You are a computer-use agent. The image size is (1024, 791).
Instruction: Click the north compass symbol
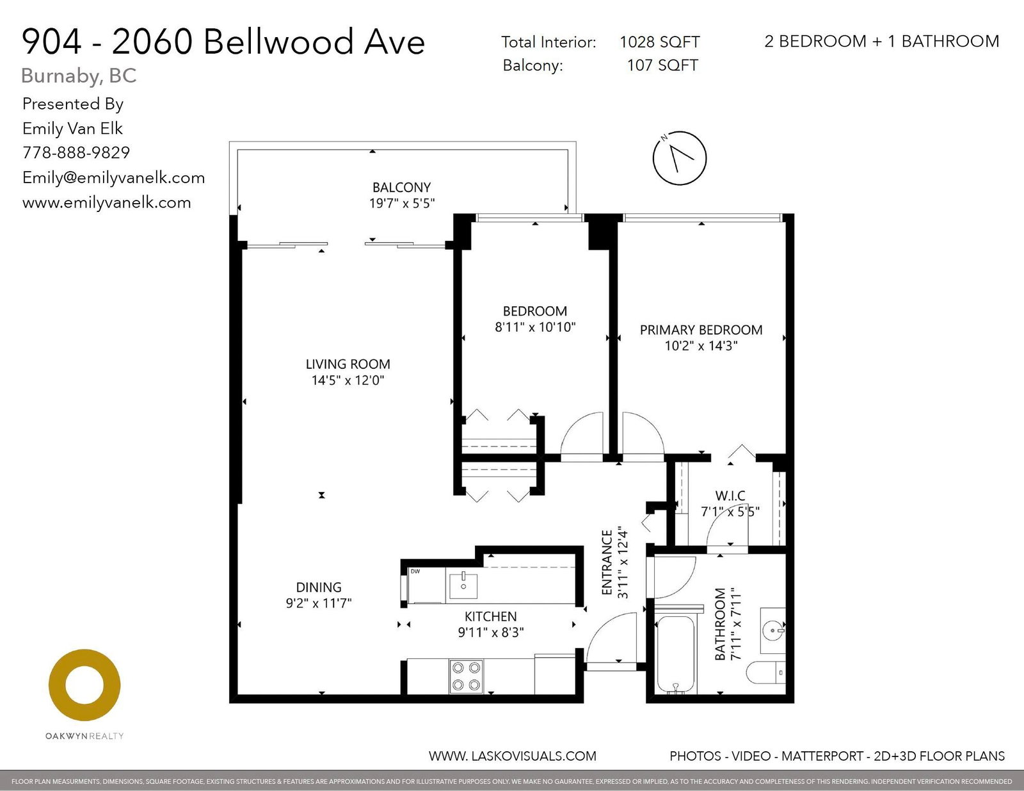pos(680,158)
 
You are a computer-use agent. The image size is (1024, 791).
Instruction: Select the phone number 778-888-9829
pos(76,152)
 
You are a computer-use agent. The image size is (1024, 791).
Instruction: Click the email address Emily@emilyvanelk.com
pos(113,177)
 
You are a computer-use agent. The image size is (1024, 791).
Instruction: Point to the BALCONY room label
pos(401,188)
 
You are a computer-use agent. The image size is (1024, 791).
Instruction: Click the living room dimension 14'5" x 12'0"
pos(348,380)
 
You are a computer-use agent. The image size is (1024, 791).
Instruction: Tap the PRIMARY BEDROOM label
pos(701,330)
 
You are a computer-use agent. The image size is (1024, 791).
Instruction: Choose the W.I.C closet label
pos(730,496)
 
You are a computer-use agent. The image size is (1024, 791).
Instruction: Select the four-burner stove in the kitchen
pos(466,676)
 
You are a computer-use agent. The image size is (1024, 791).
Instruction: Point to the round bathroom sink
pos(772,630)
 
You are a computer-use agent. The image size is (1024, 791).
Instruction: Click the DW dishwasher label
pos(415,571)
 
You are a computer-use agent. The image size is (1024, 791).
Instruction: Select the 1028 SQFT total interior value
pos(660,42)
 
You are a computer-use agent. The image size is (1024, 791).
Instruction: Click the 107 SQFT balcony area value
pos(662,65)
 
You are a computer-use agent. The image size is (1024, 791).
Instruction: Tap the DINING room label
pos(319,587)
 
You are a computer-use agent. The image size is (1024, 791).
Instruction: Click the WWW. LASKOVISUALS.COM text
pos(512,756)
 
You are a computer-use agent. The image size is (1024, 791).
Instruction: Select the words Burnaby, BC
pos(79,76)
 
